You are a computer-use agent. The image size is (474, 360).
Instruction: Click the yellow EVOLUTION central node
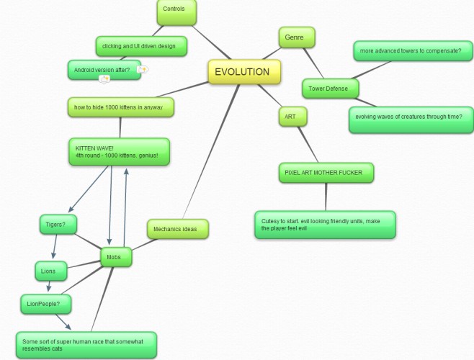point(244,71)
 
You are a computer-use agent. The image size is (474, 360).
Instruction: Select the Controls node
point(176,12)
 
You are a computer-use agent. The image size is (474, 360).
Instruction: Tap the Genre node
point(297,37)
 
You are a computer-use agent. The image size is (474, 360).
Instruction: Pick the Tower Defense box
point(331,89)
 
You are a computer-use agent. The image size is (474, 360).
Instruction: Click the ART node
point(293,117)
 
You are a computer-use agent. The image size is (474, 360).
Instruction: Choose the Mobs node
point(116,257)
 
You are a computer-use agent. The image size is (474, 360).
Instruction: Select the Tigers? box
point(58,225)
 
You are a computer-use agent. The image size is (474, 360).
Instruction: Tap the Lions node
point(51,271)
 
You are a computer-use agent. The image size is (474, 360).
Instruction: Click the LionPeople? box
point(46,304)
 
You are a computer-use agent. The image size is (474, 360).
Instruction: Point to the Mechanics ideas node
point(178,229)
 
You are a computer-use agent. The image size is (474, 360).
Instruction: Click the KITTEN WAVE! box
point(120,152)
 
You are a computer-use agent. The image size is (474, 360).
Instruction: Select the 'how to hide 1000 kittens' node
point(121,107)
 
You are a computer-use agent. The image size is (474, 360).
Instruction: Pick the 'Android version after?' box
point(104,70)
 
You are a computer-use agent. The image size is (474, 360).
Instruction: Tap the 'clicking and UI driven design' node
point(141,46)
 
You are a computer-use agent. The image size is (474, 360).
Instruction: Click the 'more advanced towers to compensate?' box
point(413,51)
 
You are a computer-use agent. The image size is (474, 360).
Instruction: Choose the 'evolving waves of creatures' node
point(411,120)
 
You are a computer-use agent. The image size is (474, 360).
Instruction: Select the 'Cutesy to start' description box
point(326,225)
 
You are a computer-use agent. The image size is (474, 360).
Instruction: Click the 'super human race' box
point(86,345)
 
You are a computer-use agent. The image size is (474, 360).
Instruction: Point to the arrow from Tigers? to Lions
point(55,246)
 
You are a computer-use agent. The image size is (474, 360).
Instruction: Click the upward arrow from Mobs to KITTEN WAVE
point(125,208)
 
